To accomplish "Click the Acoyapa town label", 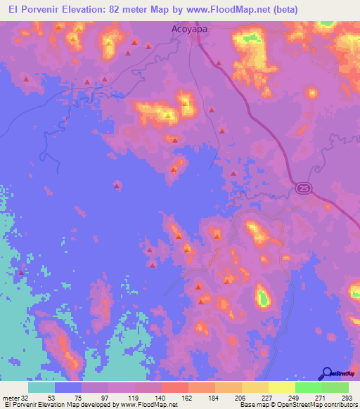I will click(186, 30).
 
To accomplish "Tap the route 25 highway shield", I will click(302, 188).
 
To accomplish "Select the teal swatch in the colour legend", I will click(41, 387).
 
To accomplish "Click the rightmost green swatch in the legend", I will click(335, 387).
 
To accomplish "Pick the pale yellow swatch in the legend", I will click(282, 387).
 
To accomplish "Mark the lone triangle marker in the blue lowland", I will click(117, 186).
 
